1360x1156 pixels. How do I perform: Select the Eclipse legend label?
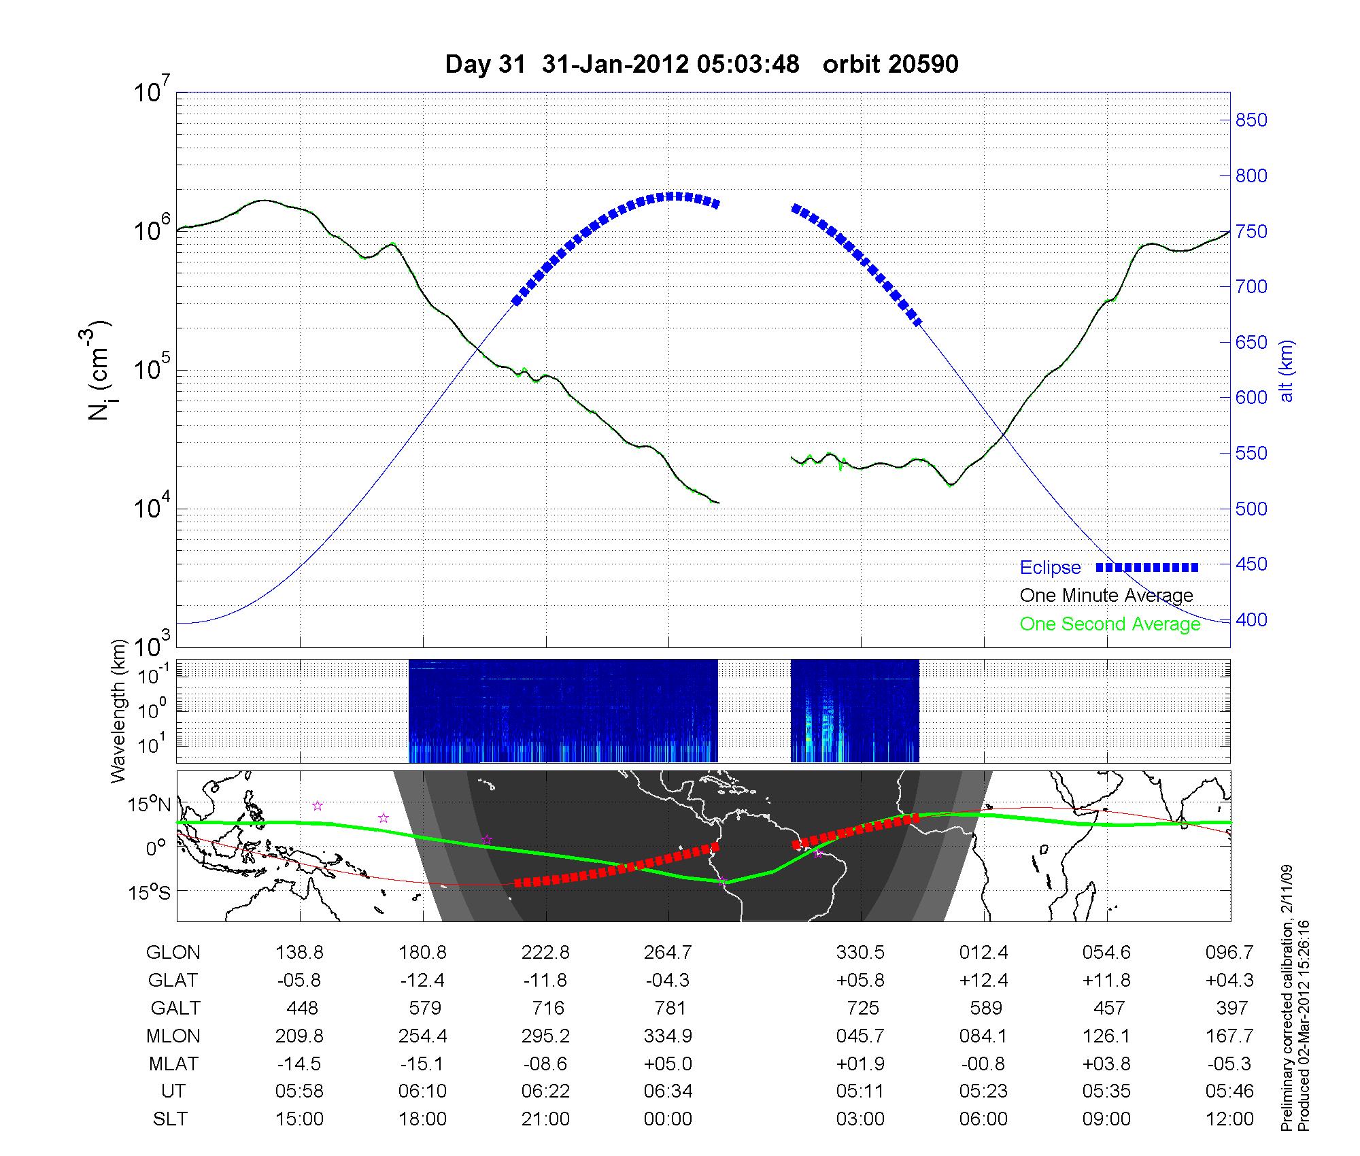1050,568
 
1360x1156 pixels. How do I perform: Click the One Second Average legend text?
1110,624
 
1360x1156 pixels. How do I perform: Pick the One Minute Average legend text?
1106,596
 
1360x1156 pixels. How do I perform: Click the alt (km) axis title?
1287,371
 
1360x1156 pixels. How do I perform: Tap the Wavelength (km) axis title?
120,711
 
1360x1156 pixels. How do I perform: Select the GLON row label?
173,953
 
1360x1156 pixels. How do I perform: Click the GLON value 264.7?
668,953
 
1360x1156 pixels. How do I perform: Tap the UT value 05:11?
860,1091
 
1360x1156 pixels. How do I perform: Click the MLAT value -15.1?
422,1064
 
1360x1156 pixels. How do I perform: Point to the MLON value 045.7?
860,1036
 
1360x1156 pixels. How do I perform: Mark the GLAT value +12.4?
983,981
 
